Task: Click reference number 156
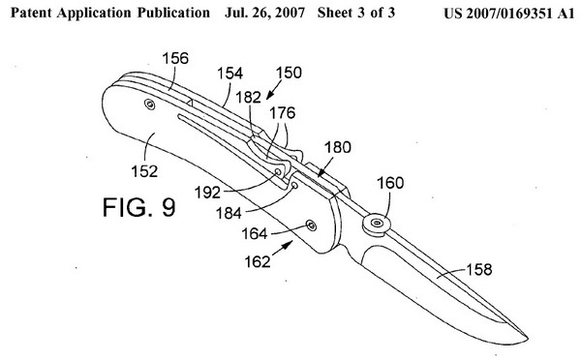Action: [175, 58]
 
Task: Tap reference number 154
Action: [229, 74]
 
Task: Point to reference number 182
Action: [248, 98]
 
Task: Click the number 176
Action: [283, 113]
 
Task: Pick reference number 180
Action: [338, 147]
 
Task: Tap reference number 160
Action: [390, 183]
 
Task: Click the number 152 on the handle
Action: [144, 171]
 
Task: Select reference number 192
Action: [207, 193]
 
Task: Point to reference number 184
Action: [229, 213]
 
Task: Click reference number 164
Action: [254, 233]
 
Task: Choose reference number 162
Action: [258, 262]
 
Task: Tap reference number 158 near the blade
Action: [479, 270]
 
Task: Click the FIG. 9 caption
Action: [138, 207]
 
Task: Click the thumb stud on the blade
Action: [377, 224]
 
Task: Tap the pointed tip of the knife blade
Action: [528, 338]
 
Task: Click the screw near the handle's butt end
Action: [150, 105]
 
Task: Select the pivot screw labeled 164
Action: [311, 225]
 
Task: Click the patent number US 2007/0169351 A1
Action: [508, 14]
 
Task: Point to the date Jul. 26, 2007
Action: [264, 13]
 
